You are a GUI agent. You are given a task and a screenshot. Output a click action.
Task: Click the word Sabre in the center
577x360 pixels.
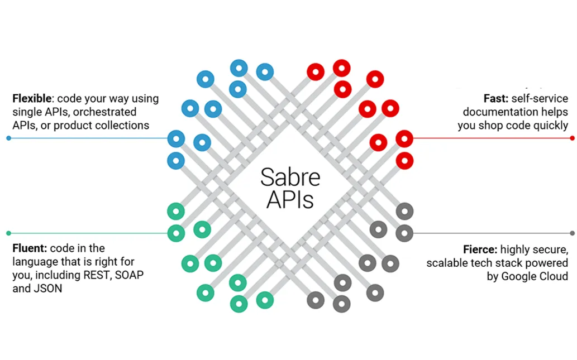290,177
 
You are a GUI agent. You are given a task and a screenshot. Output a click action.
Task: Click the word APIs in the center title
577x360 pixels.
290,200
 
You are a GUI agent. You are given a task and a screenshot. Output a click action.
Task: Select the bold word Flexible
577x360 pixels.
31,99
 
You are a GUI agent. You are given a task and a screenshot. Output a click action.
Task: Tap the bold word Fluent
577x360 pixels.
29,248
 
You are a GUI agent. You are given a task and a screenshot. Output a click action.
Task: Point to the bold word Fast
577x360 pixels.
495,99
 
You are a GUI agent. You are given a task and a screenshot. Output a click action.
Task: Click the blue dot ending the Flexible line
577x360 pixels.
8,138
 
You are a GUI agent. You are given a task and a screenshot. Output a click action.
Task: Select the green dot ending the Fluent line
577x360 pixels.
8,233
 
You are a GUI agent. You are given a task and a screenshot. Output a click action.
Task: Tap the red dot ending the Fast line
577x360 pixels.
572,138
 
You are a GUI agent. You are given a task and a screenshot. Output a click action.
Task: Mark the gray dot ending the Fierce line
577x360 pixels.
572,233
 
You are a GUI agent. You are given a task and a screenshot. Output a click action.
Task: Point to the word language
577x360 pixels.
37,262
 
